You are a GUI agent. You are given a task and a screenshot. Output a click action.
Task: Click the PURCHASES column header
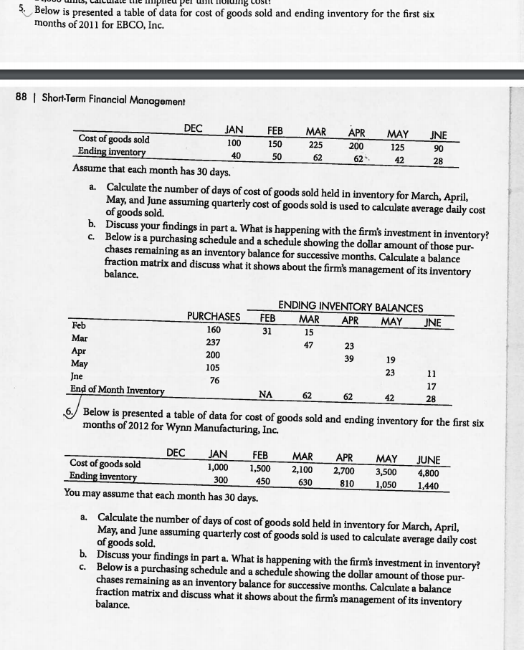(x=214, y=316)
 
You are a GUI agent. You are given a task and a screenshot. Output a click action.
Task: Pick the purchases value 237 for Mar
(x=214, y=343)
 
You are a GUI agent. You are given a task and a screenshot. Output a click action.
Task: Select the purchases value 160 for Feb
(x=214, y=330)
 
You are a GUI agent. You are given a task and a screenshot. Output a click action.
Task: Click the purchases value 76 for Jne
(x=214, y=380)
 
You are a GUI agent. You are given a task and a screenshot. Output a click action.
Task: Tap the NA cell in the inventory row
(x=265, y=393)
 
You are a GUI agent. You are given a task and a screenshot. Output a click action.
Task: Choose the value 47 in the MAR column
(x=308, y=345)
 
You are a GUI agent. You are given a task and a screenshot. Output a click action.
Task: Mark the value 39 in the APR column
(x=349, y=358)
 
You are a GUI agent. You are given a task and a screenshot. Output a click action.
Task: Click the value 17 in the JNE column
(x=430, y=385)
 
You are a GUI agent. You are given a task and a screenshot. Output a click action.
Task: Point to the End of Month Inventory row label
(x=117, y=390)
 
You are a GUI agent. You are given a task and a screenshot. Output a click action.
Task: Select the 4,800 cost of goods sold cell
(x=429, y=472)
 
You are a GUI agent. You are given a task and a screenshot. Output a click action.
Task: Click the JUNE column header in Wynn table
(x=429, y=459)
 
